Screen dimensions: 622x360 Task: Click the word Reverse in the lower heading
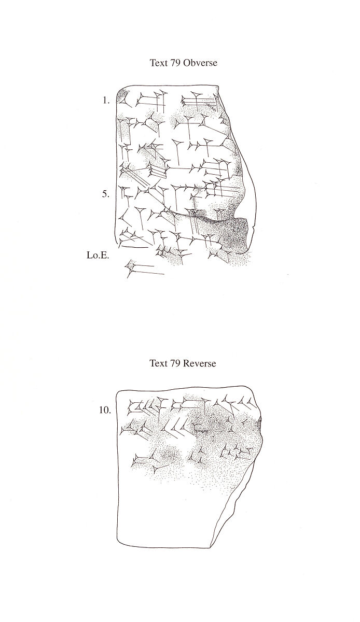coord(199,363)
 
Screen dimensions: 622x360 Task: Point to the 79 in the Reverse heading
coord(174,363)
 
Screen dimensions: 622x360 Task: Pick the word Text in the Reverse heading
coord(158,363)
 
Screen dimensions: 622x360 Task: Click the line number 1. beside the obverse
coord(106,101)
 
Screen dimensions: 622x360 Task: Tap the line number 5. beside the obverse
coord(105,194)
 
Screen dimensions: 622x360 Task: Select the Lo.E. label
coord(98,255)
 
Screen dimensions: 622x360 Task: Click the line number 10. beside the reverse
coord(105,410)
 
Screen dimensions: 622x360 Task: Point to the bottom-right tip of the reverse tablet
coord(211,546)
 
